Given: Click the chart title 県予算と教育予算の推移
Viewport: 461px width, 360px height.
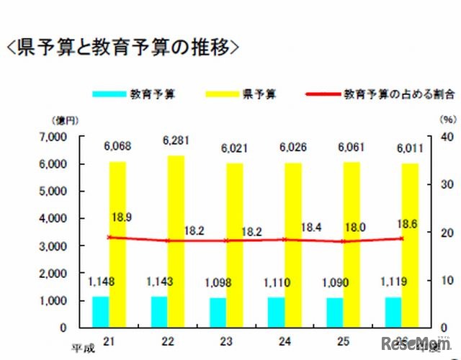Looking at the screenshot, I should tap(122, 48).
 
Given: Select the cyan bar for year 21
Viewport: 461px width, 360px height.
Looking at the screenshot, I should tap(101, 311).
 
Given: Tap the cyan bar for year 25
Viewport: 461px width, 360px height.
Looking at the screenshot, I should tap(335, 312).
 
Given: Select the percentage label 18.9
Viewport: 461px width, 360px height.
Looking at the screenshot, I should tap(121, 216).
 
